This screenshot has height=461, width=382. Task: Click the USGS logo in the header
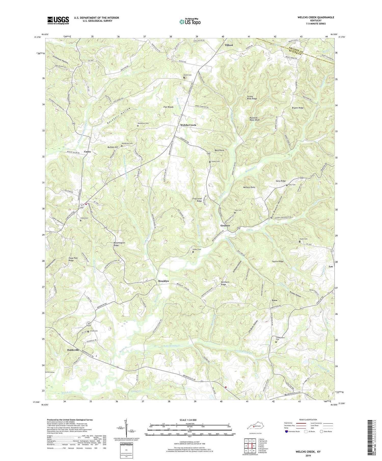pos(58,20)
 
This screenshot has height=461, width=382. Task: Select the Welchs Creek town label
pos(188,125)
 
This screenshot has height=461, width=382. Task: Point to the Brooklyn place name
pos(163,281)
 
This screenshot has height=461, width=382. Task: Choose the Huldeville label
pos(73,350)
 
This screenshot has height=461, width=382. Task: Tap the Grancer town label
pos(225,226)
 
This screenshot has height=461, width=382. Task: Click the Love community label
pos(275,300)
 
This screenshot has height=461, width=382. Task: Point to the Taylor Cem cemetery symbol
pos(299,242)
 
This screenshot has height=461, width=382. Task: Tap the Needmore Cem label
pos(144,123)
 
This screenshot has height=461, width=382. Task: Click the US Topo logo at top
pos(189,22)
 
